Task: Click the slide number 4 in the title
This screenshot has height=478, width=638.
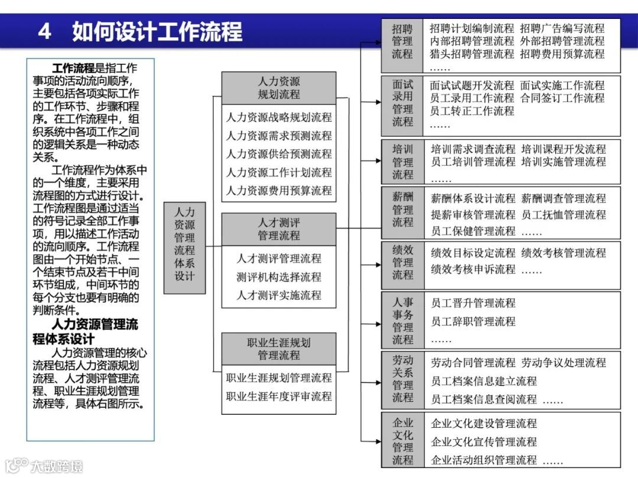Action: [x=44, y=31]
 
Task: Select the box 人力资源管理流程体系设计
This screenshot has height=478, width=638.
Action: [x=184, y=243]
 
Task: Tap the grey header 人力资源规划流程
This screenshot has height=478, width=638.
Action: [x=279, y=88]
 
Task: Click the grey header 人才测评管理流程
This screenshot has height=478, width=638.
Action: [x=279, y=229]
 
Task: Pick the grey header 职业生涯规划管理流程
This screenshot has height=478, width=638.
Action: [x=279, y=349]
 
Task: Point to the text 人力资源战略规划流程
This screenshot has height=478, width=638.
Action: [x=279, y=117]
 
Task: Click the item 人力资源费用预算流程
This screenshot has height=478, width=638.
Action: [x=279, y=191]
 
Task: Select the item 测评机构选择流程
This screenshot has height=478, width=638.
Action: [x=279, y=277]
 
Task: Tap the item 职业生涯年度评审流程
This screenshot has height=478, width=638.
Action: [x=279, y=396]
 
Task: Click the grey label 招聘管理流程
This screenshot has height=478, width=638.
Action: [x=403, y=41]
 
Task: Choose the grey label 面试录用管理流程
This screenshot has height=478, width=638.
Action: [x=403, y=103]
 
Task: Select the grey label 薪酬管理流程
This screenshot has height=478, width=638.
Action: [x=403, y=209]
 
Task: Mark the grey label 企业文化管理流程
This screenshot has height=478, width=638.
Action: [x=403, y=441]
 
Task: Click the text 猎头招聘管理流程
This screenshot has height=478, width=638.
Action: [x=472, y=54]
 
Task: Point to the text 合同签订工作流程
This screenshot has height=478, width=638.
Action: [x=562, y=98]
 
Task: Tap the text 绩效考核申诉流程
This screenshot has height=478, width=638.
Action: [x=473, y=269]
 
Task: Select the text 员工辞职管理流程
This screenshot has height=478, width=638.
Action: [x=473, y=322]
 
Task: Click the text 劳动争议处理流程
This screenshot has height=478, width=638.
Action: [x=564, y=362]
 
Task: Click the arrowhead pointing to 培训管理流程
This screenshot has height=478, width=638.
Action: [x=379, y=161]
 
